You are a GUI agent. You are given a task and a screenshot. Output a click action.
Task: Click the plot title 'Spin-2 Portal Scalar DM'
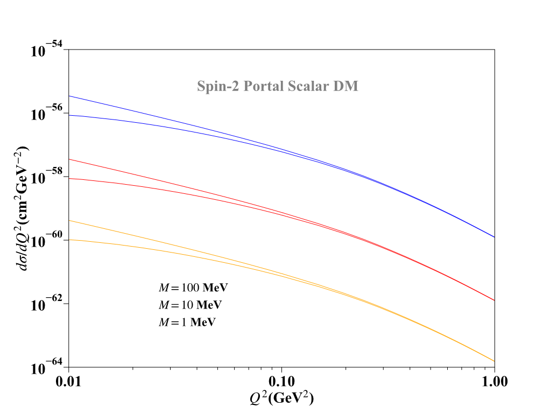click(x=277, y=86)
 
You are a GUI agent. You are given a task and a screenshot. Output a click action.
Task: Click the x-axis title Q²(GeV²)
click(x=281, y=398)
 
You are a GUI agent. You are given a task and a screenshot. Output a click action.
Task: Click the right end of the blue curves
click(x=494, y=237)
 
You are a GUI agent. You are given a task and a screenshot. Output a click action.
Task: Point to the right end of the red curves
click(x=494, y=300)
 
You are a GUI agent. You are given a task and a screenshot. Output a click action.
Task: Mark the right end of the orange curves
click(x=494, y=361)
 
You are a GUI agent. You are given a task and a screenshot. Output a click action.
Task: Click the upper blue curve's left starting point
click(x=69, y=96)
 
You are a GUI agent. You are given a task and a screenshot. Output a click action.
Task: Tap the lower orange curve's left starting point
click(x=69, y=240)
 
